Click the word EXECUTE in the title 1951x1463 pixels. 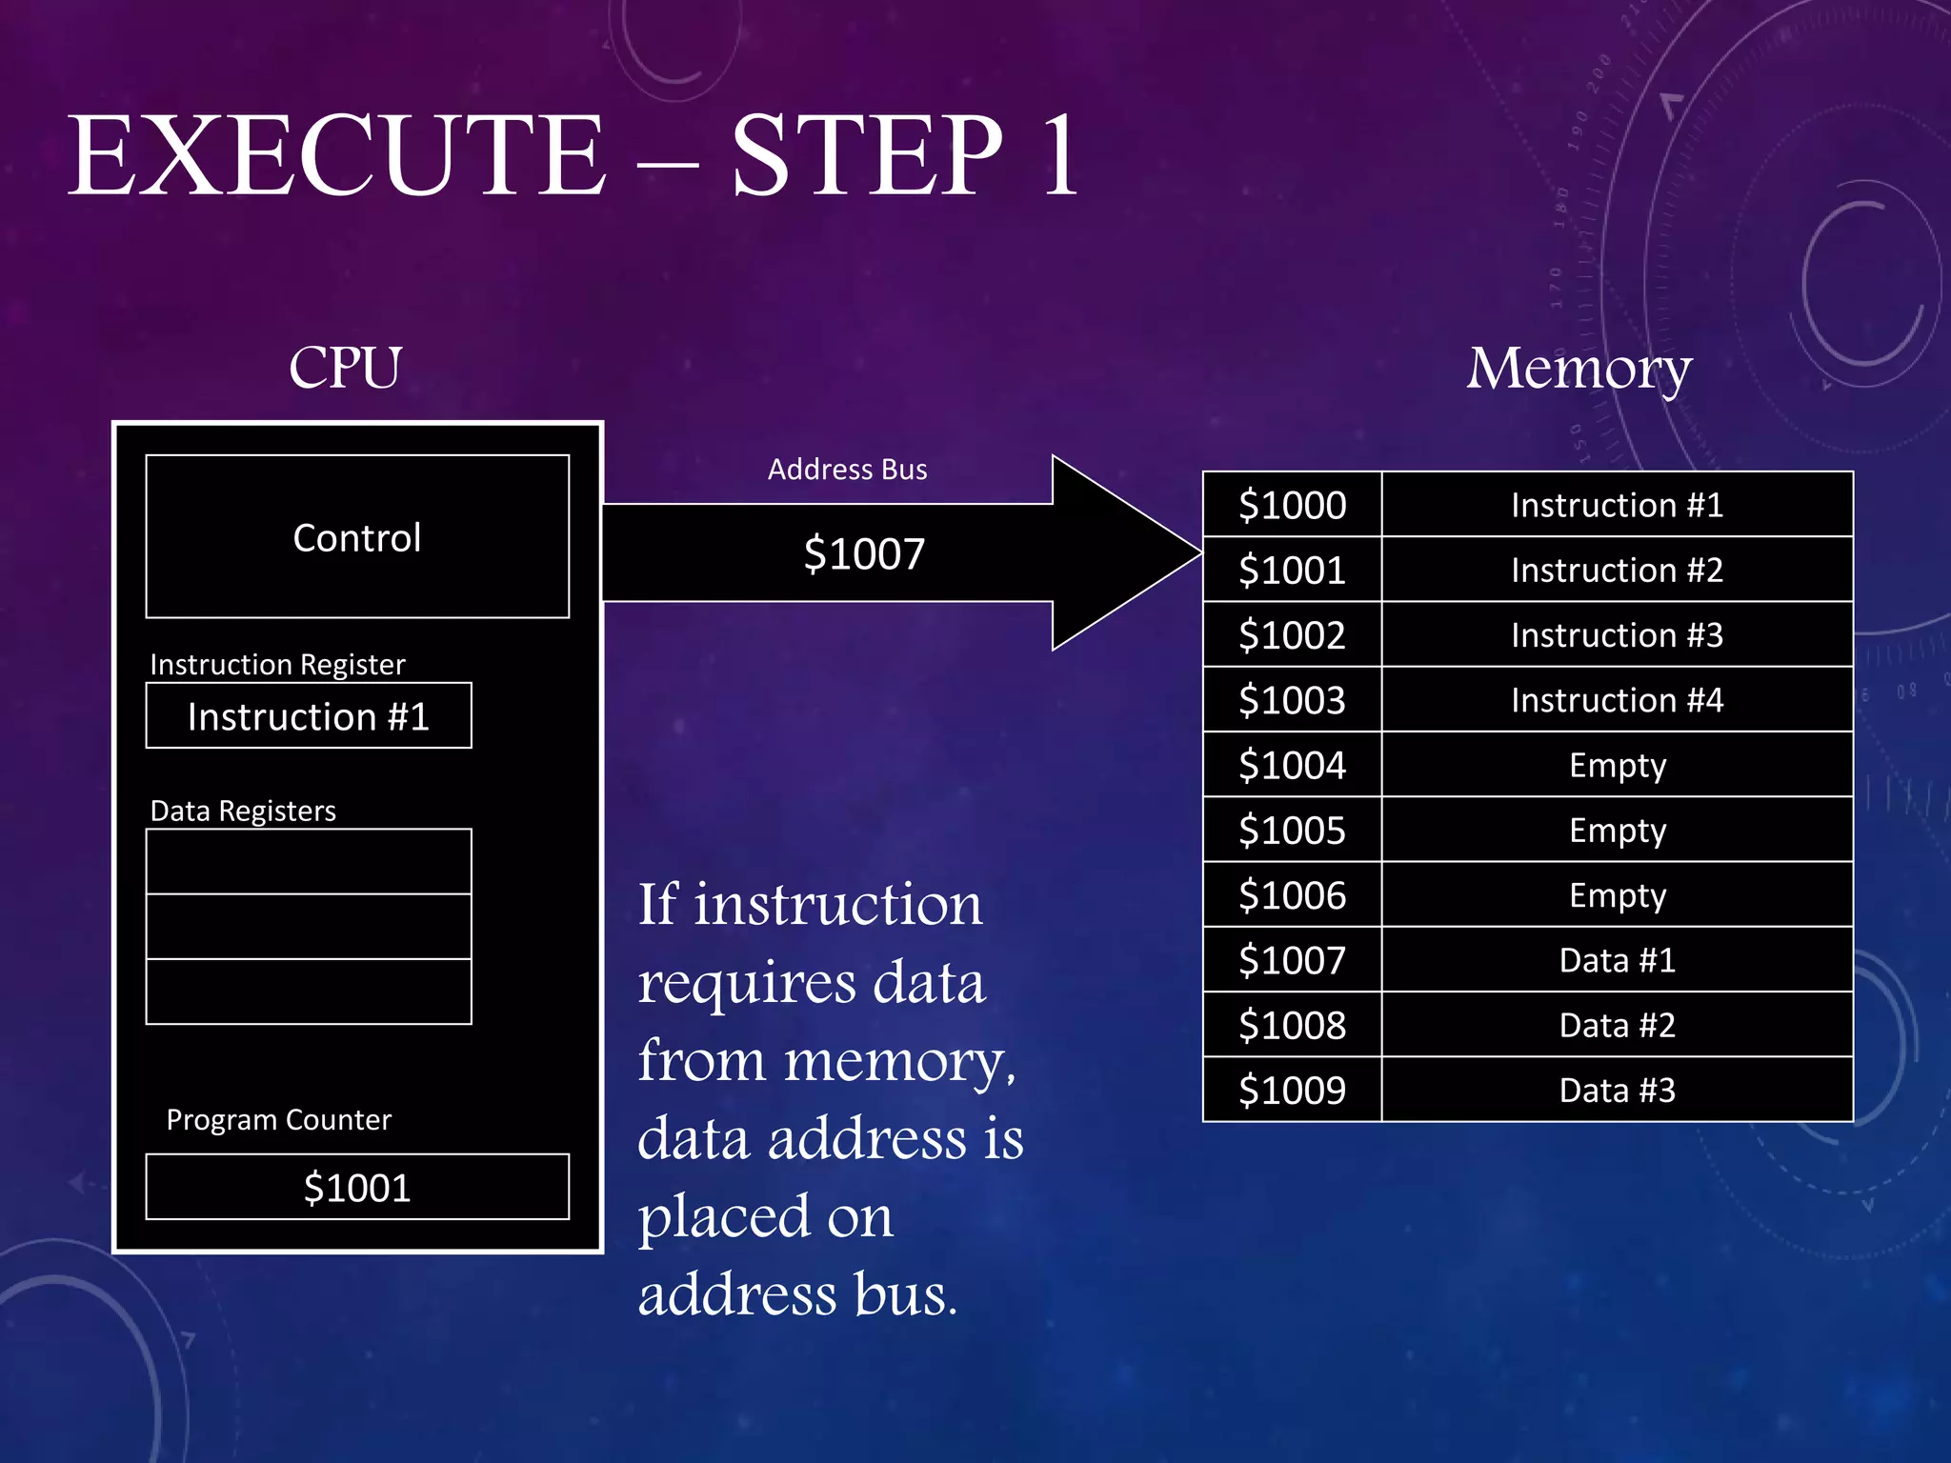(x=335, y=157)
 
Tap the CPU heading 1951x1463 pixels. (x=345, y=368)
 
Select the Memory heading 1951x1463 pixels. (x=1579, y=370)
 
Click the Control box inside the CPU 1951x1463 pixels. (x=357, y=537)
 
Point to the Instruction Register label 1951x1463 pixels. (x=277, y=664)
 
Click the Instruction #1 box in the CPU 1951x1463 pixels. (x=308, y=716)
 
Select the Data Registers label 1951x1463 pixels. (x=243, y=811)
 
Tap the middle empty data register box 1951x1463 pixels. (x=308, y=927)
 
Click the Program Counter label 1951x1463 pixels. (x=278, y=1120)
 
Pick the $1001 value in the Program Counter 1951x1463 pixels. (x=357, y=1188)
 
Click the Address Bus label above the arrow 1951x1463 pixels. (x=847, y=470)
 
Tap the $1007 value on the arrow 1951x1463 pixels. (x=864, y=554)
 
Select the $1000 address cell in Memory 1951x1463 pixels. (x=1292, y=505)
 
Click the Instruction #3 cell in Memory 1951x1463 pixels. (x=1617, y=635)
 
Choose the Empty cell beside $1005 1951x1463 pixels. (x=1617, y=831)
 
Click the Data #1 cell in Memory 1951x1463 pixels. (x=1617, y=960)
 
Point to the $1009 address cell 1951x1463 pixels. (x=1292, y=1091)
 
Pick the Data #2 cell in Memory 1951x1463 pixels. (x=1617, y=1026)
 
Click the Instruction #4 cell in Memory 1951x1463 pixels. (x=1617, y=700)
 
